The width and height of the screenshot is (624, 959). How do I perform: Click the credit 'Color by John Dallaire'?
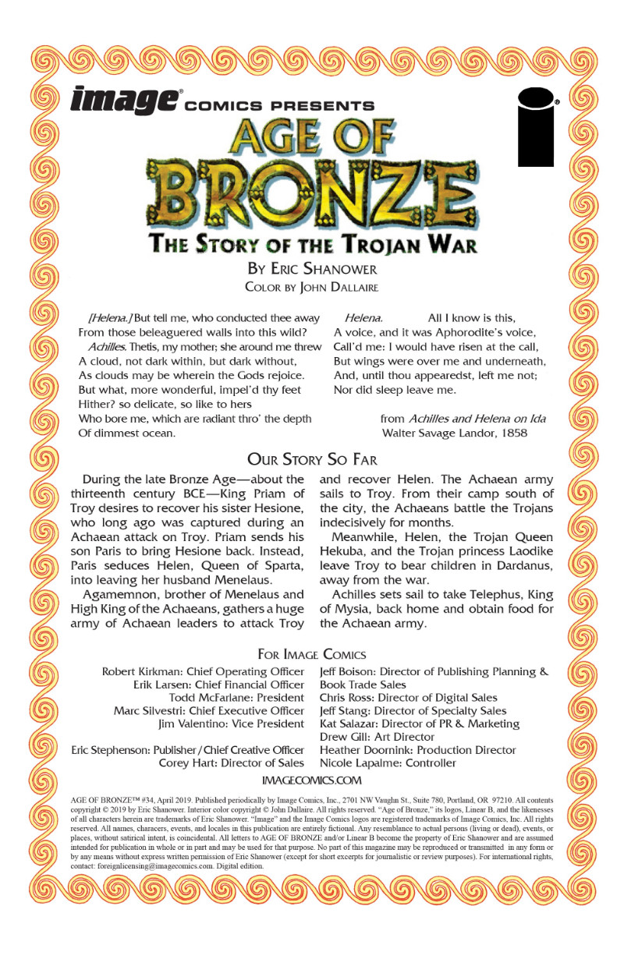(312, 286)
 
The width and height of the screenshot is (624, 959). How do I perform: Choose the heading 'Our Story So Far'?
(312, 458)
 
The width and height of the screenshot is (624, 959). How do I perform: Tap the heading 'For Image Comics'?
(312, 654)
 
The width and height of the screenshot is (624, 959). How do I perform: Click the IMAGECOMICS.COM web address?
(312, 779)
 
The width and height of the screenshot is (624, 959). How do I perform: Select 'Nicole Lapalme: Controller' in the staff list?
(388, 763)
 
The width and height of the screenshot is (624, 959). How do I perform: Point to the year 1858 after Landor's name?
(512, 433)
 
